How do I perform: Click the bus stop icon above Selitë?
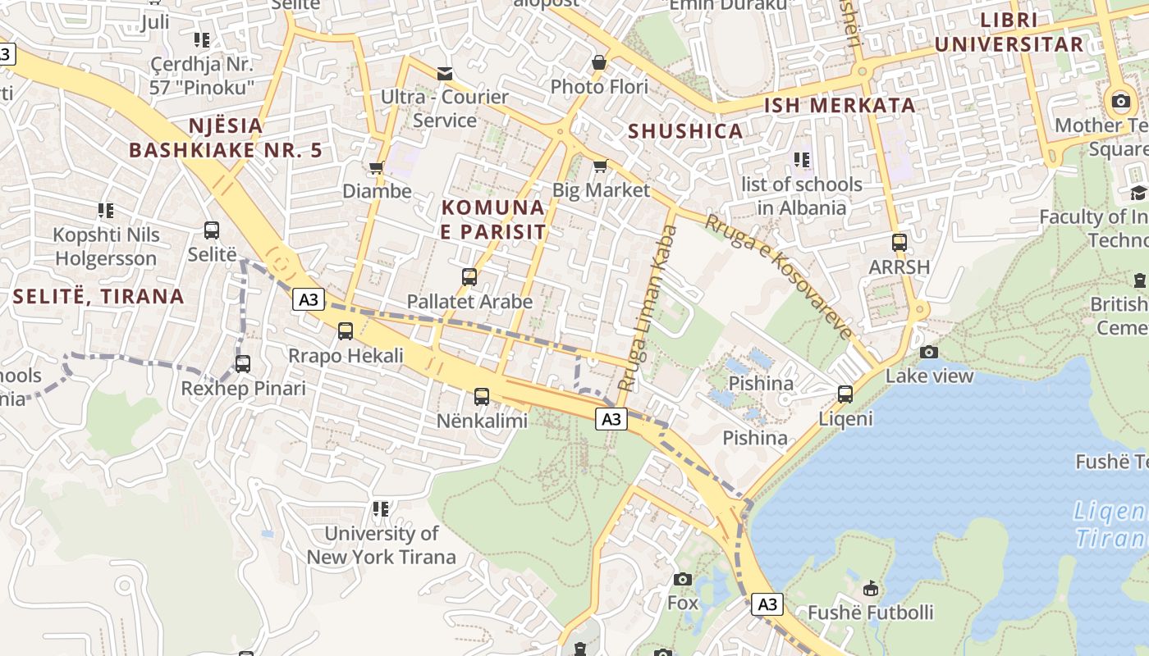coord(212,230)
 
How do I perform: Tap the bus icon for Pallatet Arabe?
coord(469,277)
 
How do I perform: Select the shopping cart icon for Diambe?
coord(377,167)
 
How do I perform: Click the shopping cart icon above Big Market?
coord(601,166)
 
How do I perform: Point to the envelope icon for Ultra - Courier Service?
coord(445,74)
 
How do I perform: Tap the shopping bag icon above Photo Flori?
coord(599,62)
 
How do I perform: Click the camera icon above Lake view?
coord(929,352)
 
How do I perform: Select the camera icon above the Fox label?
coord(682,579)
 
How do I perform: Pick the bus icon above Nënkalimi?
coord(482,397)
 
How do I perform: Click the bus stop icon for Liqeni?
coord(845,394)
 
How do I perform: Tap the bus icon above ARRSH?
coord(900,243)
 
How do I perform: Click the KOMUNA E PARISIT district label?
coord(493,220)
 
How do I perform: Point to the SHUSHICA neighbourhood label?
coord(685,131)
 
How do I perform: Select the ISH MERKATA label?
coord(840,105)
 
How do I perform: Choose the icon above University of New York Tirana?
coord(381,509)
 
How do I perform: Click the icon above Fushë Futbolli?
coord(871,588)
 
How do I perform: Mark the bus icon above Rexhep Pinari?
coord(243,364)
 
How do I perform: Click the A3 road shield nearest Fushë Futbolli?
coord(767,605)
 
